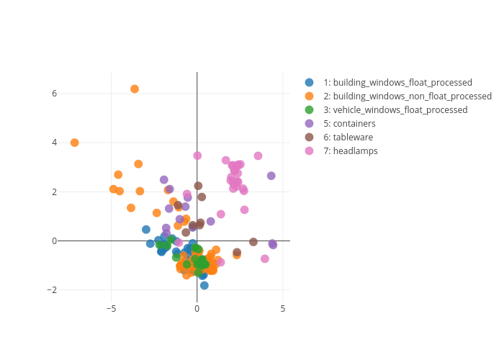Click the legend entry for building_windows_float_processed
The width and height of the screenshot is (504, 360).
[x=397, y=83]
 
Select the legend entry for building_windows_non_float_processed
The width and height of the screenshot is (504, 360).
[x=408, y=96]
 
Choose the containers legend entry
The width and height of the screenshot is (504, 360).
[x=349, y=124]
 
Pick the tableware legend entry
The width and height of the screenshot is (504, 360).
[x=349, y=138]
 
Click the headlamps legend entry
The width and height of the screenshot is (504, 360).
[x=351, y=151]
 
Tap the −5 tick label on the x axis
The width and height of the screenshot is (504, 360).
[x=111, y=309]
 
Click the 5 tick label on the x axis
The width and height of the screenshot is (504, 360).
[x=283, y=309]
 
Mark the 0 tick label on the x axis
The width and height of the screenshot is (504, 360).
[x=197, y=309]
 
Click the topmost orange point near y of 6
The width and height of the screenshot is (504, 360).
[x=135, y=89]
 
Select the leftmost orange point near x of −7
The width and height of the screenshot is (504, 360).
[x=75, y=143]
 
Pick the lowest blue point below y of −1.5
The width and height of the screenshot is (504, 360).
[x=204, y=285]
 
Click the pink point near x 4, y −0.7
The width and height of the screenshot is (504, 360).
[x=265, y=258]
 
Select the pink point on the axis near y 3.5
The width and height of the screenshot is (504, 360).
[x=197, y=156]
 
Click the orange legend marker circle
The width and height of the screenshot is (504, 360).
[x=310, y=96]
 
